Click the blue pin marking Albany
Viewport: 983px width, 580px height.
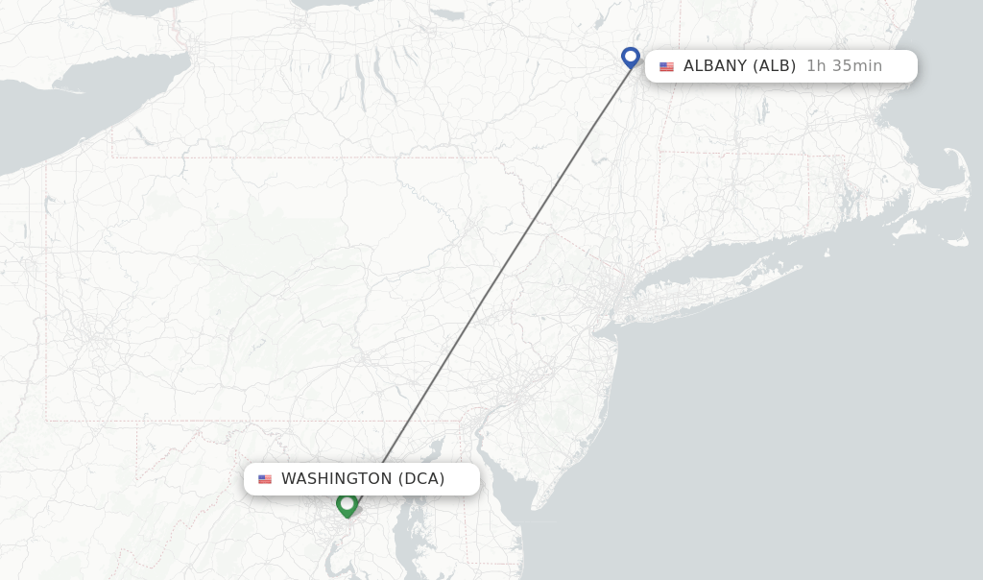click(x=630, y=57)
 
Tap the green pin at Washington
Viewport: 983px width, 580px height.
click(x=347, y=503)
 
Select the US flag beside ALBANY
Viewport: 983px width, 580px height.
click(x=666, y=67)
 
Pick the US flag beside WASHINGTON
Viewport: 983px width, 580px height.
click(x=265, y=479)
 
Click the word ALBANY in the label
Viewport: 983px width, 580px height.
click(x=714, y=66)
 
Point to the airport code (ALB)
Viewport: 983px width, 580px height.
click(x=774, y=66)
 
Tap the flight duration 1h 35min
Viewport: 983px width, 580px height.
click(x=844, y=66)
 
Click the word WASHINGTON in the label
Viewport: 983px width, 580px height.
click(x=336, y=478)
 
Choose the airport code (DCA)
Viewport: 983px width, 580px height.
click(x=421, y=478)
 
